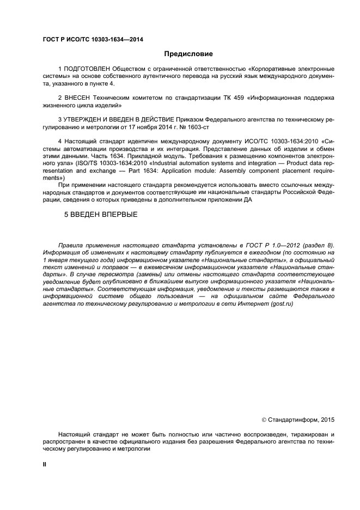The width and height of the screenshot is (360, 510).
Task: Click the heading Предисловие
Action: [188, 54]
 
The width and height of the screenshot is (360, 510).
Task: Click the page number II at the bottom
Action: [45, 463]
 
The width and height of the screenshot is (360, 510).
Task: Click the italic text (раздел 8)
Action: [316, 245]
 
